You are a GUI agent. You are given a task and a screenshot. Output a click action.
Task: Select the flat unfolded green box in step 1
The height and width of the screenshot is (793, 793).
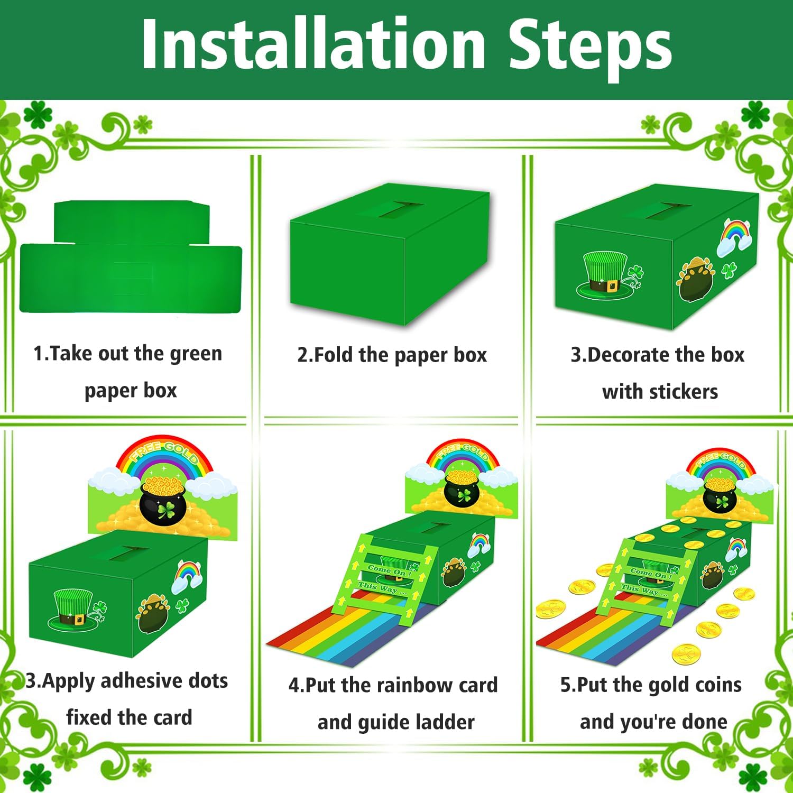[x=131, y=259]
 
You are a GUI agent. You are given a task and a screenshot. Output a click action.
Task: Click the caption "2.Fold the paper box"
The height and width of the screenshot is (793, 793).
[x=392, y=355]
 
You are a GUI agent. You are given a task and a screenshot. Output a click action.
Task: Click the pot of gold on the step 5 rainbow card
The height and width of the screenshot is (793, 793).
[x=720, y=494]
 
